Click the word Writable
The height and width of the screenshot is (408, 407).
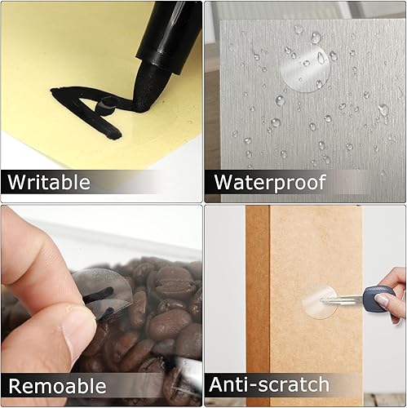tap(49, 181)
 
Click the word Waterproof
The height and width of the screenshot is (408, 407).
tap(269, 181)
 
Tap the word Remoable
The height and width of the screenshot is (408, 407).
tap(56, 385)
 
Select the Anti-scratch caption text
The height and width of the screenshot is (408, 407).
tap(268, 384)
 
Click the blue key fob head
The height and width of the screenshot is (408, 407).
tap(378, 299)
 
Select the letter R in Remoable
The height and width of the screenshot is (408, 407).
tap(15, 385)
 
